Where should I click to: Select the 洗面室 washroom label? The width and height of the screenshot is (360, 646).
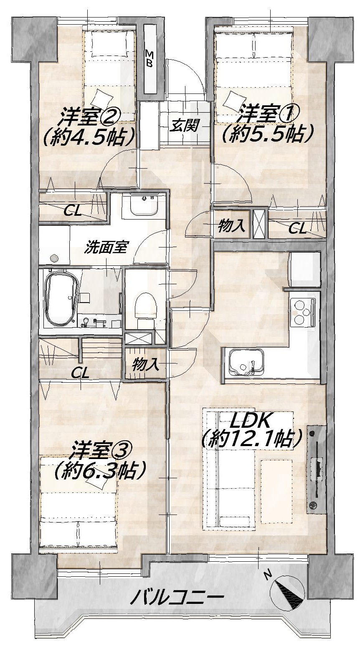(x=106, y=247)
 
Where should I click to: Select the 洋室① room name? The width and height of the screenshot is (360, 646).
(x=267, y=114)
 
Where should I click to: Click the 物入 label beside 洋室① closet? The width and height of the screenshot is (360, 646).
(x=231, y=225)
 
